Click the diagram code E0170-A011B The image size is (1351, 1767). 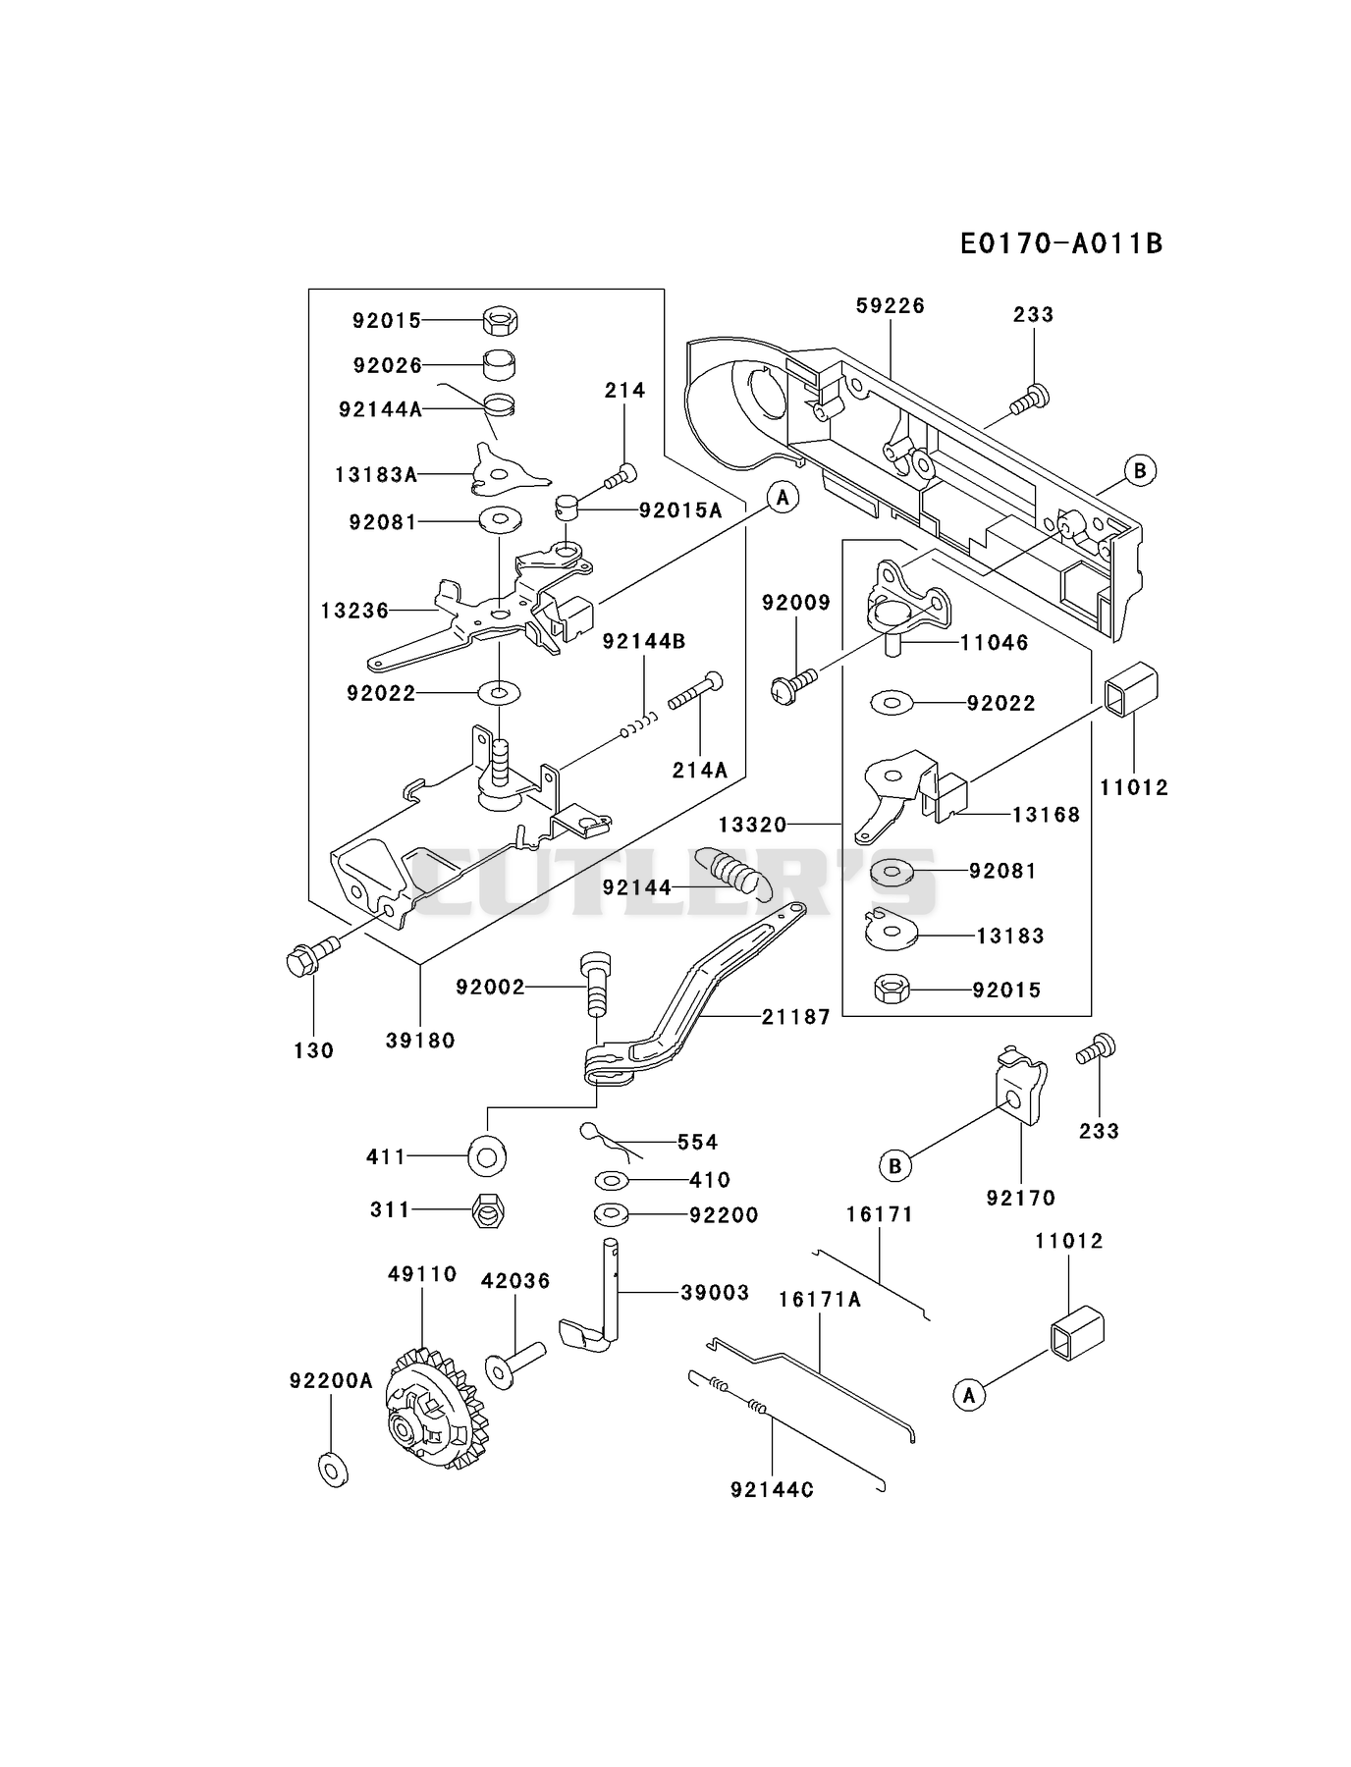(x=1061, y=242)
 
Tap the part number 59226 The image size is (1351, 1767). (x=891, y=305)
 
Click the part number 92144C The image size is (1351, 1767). (x=773, y=1489)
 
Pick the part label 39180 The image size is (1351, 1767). (x=420, y=1041)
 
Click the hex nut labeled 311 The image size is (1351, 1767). (x=488, y=1211)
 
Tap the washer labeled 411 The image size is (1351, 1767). (x=487, y=1156)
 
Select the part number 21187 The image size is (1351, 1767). (x=796, y=1017)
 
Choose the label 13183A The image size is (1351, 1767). (x=376, y=475)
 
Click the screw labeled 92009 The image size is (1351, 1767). (x=794, y=685)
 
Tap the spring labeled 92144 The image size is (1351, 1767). (x=734, y=870)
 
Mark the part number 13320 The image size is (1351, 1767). (x=753, y=825)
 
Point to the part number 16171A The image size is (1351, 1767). (x=820, y=1300)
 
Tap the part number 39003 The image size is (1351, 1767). (x=715, y=1293)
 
